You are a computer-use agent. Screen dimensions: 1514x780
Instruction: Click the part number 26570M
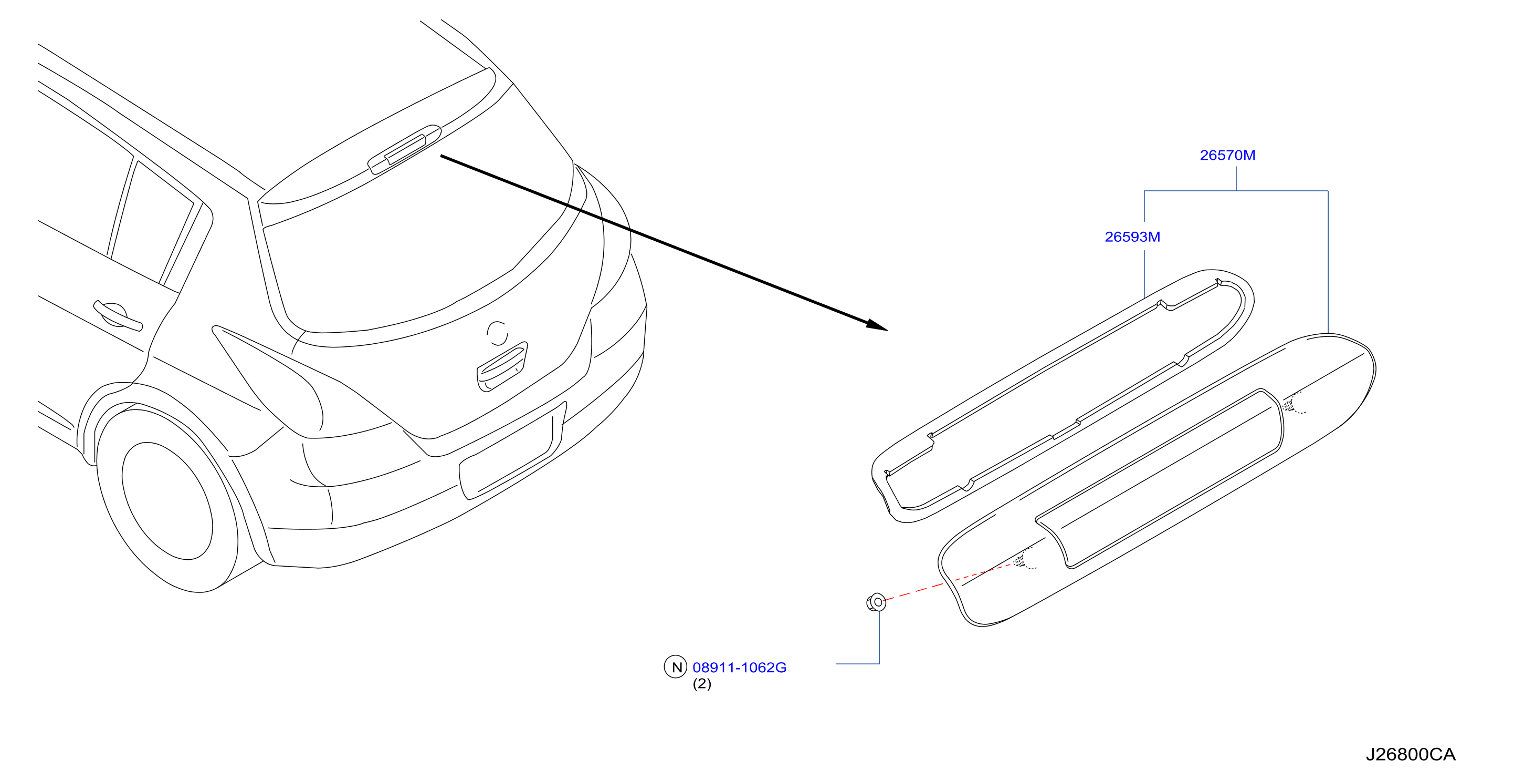pyautogui.click(x=1227, y=155)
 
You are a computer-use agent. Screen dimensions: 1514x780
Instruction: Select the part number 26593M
pyautogui.click(x=1132, y=237)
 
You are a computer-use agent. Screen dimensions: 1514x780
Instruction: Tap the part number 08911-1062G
pyautogui.click(x=739, y=668)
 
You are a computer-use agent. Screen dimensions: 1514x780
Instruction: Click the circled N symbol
pyautogui.click(x=675, y=666)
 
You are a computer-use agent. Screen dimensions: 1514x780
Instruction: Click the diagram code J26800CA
pyautogui.click(x=1410, y=755)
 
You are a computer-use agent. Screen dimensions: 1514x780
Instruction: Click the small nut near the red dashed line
pyautogui.click(x=876, y=602)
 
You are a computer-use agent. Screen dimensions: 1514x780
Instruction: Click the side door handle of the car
pyautogui.click(x=117, y=316)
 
